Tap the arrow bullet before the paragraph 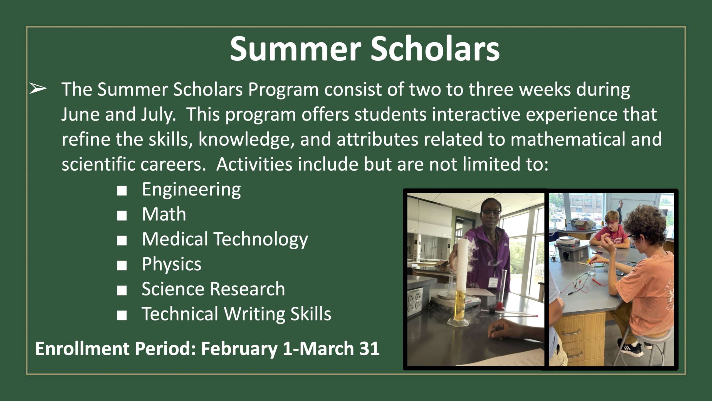point(38,89)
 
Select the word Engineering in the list point(191,190)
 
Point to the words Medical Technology point(225,239)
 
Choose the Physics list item point(172,264)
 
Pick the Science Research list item point(213,289)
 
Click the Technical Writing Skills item point(237,314)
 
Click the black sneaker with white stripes point(630,347)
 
